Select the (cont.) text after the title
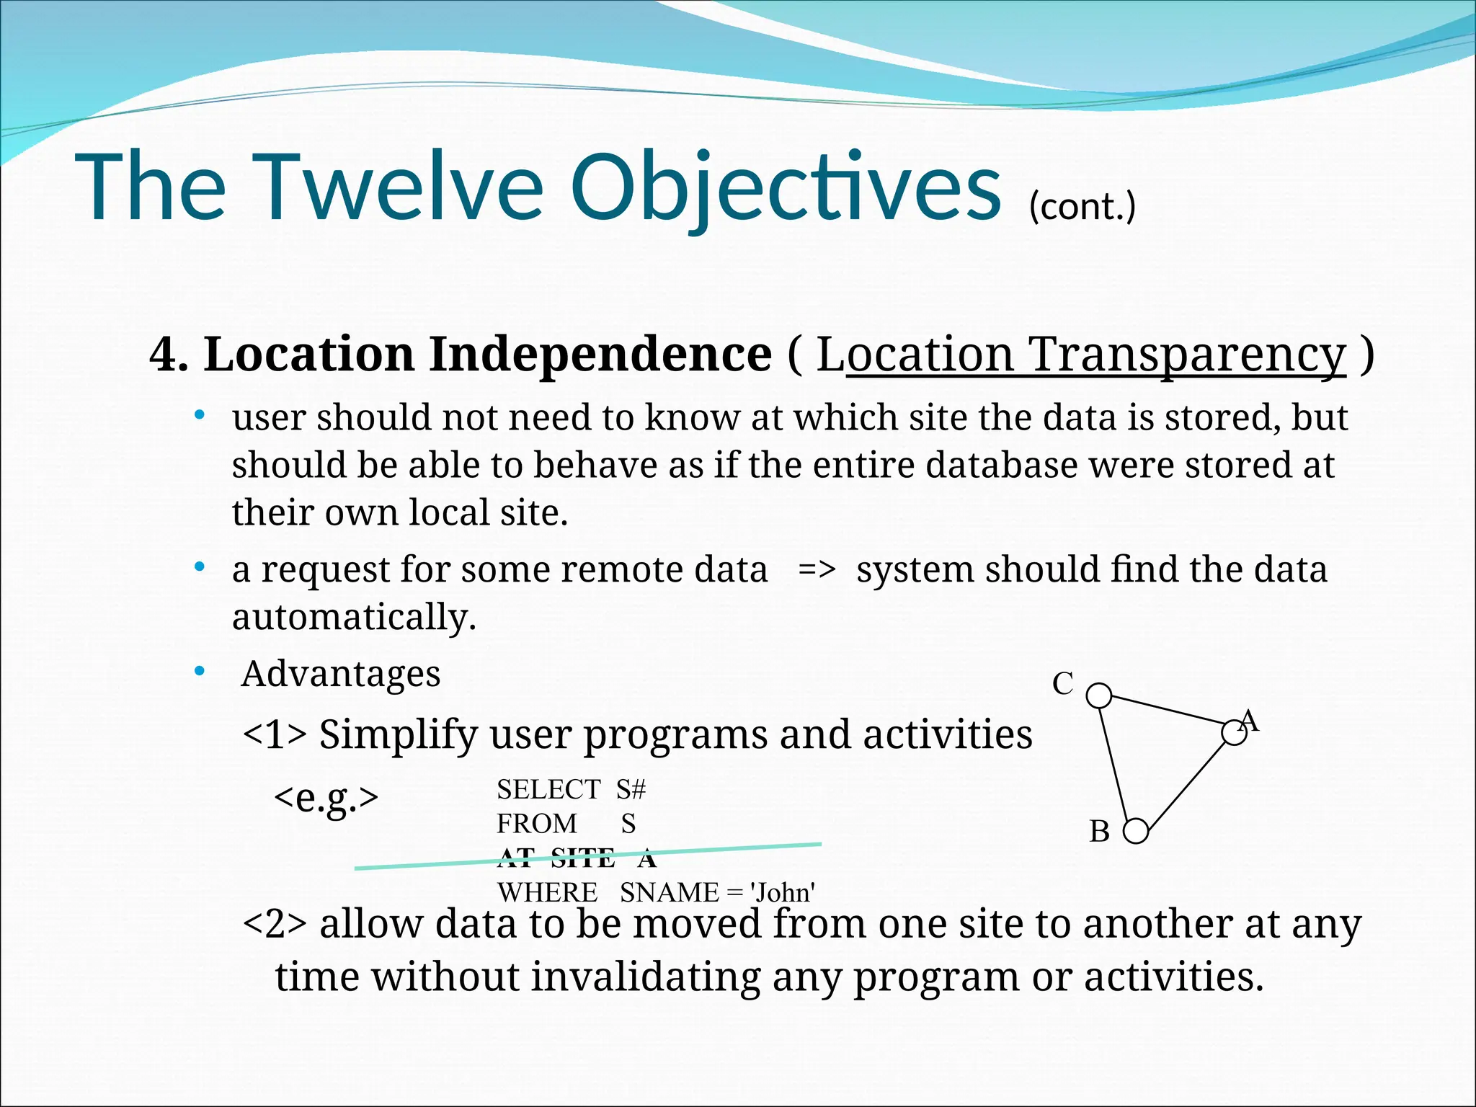tap(1082, 206)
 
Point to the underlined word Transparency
tap(1187, 355)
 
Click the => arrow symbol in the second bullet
tap(817, 569)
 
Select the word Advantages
tap(340, 675)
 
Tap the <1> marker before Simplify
tap(275, 735)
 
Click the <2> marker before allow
tap(275, 924)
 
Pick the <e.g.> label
tap(326, 797)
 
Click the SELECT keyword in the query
tap(548, 790)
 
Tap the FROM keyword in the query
tap(537, 824)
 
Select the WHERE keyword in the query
tap(548, 893)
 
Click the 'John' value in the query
tap(782, 893)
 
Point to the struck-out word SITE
tap(582, 858)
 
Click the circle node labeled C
tap(1098, 696)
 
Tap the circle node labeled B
tap(1136, 831)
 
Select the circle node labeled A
tap(1234, 733)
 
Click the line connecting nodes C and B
tap(1117, 764)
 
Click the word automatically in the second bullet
tap(354, 618)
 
